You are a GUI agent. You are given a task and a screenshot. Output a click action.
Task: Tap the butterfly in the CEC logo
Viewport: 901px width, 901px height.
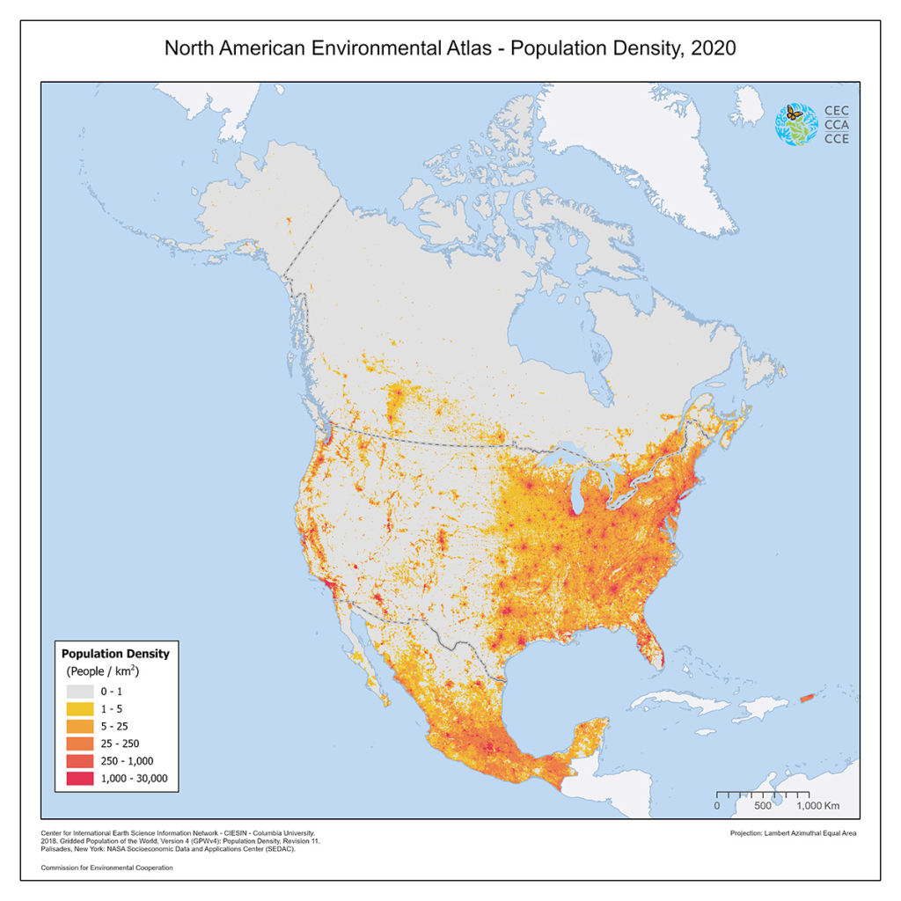coord(795,114)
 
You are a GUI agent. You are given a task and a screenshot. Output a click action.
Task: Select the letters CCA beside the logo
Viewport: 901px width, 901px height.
coord(836,125)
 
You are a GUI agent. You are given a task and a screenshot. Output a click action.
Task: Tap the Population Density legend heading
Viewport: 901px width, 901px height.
coord(115,654)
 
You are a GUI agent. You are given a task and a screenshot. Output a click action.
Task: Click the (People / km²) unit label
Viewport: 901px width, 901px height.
coord(104,671)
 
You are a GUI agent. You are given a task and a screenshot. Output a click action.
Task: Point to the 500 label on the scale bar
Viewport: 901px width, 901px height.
coord(762,805)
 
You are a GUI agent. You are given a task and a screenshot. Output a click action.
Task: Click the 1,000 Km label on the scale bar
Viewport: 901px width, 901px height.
coord(817,805)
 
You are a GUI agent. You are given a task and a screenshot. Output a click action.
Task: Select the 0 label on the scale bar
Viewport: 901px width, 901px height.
coord(717,805)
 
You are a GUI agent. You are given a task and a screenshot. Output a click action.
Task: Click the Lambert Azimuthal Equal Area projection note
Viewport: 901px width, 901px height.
coord(793,832)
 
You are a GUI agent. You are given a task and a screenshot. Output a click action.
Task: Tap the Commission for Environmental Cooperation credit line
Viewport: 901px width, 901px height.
coord(106,868)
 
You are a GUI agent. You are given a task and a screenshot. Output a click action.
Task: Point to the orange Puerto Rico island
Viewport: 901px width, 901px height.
coord(808,699)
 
